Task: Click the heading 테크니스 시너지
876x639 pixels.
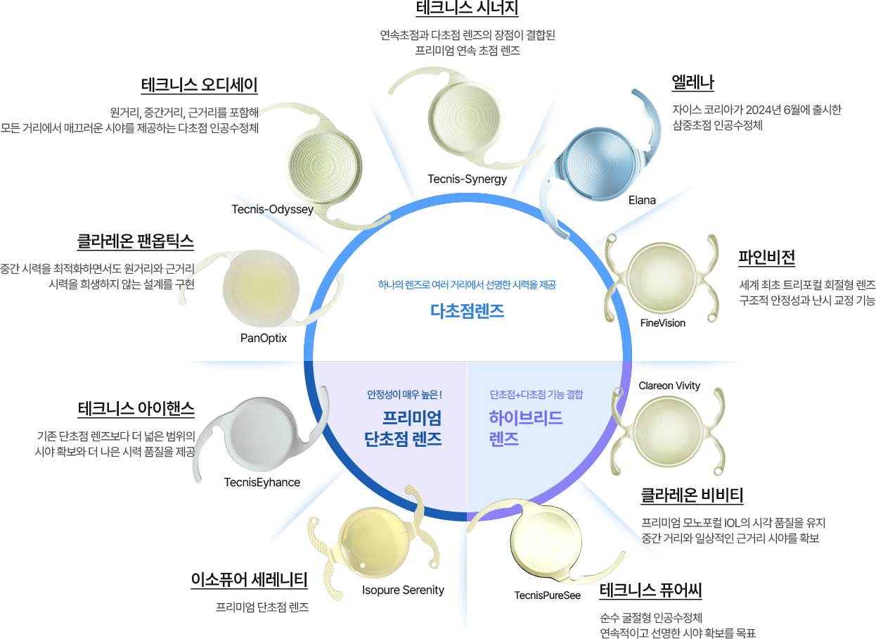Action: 467,8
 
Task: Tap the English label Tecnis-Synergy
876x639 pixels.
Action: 467,179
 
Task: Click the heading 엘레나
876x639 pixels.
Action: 693,82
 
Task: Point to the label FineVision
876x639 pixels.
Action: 662,323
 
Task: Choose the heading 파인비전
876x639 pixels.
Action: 766,257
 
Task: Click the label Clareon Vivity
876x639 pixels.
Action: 669,386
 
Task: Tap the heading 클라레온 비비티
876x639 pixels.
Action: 691,495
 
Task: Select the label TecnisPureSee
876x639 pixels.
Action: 547,595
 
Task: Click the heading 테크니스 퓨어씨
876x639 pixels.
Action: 651,590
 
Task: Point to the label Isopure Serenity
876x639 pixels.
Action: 403,590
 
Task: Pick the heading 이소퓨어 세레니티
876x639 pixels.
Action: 249,579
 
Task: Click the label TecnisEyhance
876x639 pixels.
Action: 262,482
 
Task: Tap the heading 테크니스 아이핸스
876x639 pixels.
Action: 136,409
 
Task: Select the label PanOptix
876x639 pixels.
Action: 264,338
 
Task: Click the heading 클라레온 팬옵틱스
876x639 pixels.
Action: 135,241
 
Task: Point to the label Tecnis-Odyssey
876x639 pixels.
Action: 272,210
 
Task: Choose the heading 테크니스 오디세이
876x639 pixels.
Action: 199,84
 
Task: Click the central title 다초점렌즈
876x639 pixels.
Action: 467,311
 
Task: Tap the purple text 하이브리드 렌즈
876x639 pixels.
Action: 526,428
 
